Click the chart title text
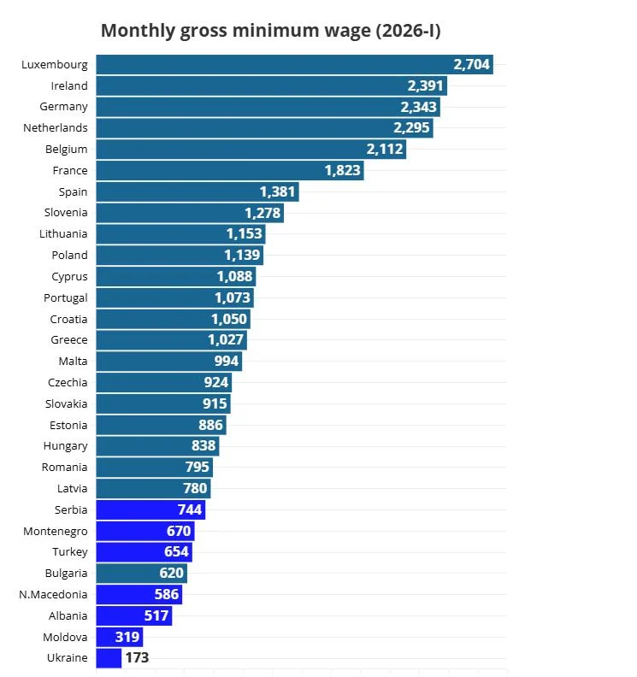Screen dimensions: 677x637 (270, 31)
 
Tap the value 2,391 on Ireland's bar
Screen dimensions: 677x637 (425, 86)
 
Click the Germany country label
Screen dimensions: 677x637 (63, 107)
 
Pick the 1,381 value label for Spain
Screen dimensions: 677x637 (277, 192)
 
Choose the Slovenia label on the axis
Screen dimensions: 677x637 (66, 213)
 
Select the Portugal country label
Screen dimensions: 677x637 (66, 298)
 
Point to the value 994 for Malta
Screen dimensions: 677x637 (227, 362)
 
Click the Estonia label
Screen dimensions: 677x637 (67, 425)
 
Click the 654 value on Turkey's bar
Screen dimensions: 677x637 (176, 552)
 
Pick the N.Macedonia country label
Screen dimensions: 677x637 (53, 595)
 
